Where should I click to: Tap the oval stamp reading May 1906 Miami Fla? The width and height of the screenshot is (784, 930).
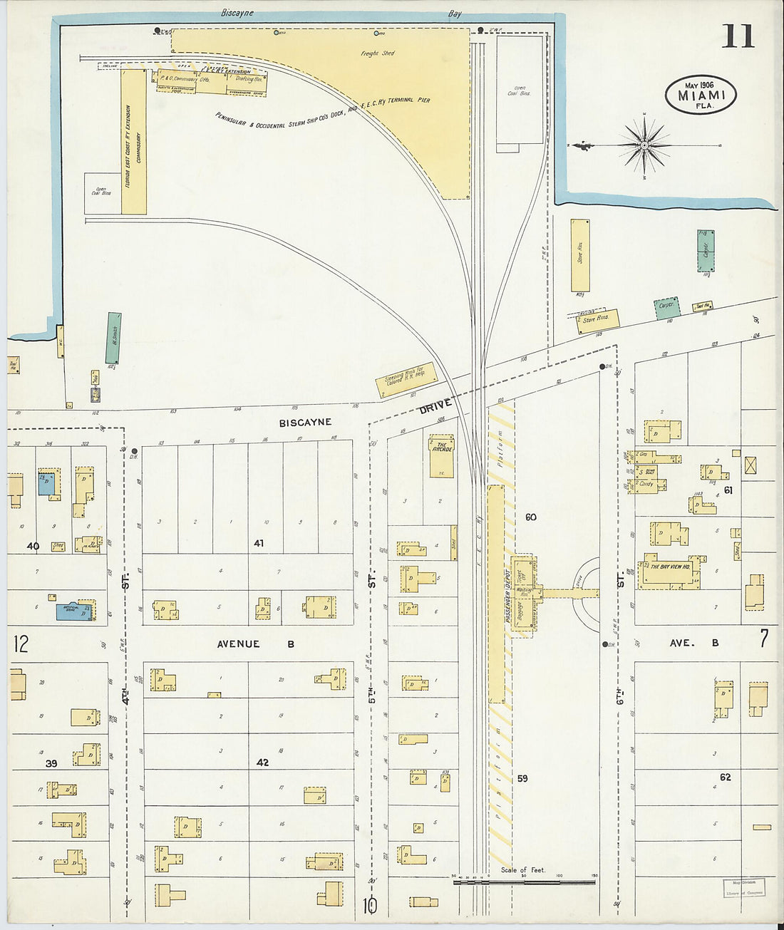click(x=701, y=95)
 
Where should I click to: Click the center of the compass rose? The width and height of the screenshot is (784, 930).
click(x=644, y=145)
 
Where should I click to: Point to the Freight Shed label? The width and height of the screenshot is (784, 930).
click(x=378, y=53)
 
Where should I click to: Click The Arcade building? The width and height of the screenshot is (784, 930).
click(x=441, y=456)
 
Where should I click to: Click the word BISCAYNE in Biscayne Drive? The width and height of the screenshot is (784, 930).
click(x=305, y=423)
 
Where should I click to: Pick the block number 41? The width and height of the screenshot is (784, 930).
click(x=258, y=543)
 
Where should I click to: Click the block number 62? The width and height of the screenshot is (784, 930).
click(x=725, y=777)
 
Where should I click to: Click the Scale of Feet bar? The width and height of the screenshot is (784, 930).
click(x=524, y=882)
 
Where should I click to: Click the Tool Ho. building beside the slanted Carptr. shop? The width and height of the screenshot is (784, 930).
click(x=703, y=306)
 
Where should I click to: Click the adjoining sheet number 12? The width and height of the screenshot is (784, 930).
click(x=21, y=644)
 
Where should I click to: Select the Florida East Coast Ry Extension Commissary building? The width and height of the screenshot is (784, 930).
click(x=133, y=141)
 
